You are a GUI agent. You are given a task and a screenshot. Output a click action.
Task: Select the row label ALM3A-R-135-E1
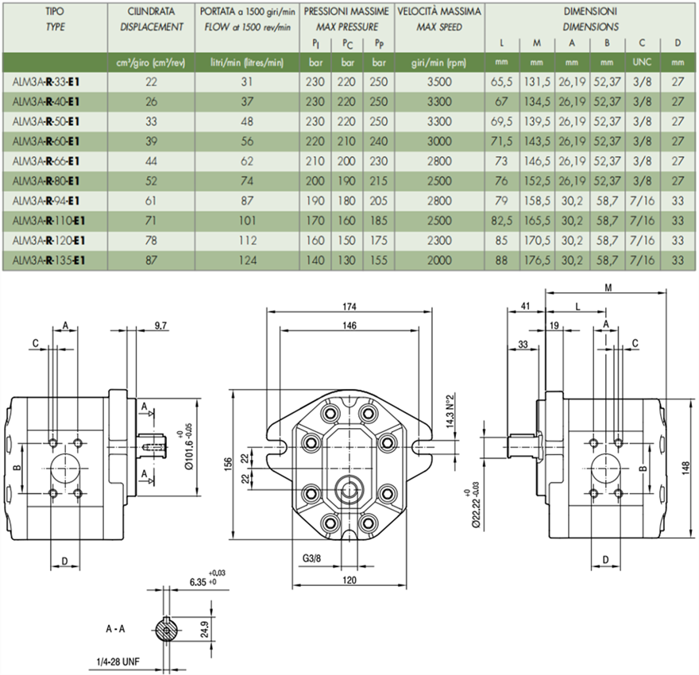tap(48, 260)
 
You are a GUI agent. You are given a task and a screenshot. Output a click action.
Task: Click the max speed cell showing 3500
tap(438, 81)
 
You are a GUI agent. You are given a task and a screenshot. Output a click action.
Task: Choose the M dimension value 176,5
tap(537, 260)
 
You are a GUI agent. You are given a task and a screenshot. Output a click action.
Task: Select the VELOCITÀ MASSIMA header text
tap(438, 12)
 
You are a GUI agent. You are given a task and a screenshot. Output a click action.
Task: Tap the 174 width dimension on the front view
tap(349, 307)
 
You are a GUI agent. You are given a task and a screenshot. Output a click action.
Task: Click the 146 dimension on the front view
tap(349, 326)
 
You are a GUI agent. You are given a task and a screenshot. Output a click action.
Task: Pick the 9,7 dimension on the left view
tap(160, 326)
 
